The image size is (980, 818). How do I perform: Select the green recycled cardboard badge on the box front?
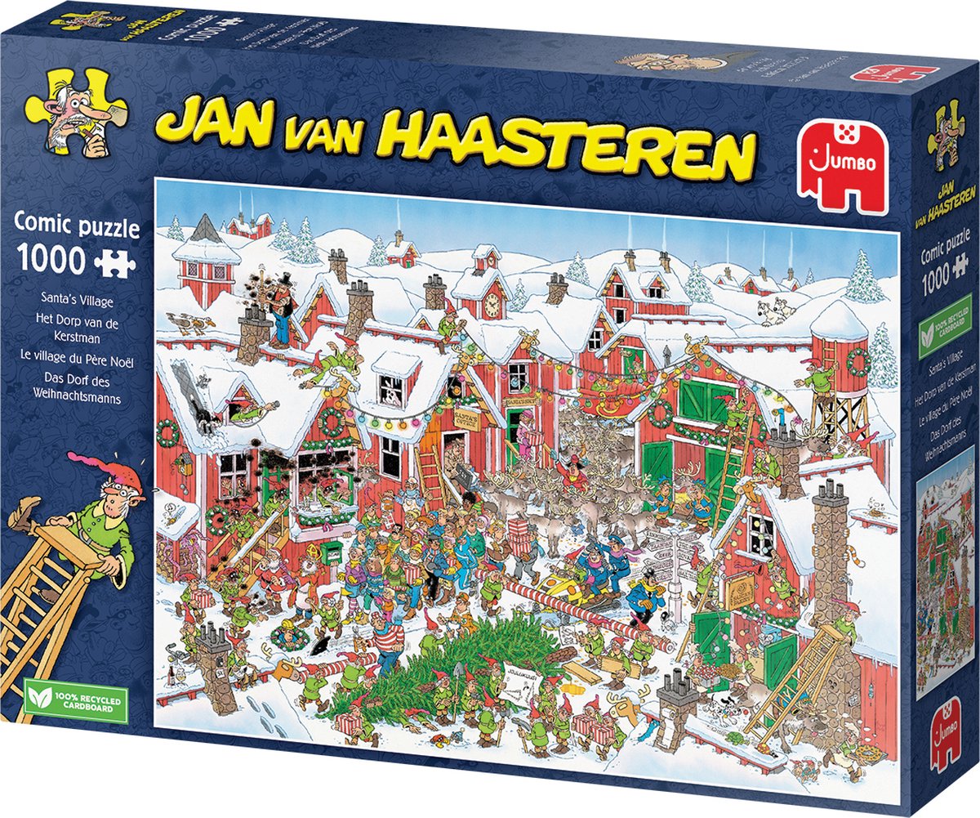[x=75, y=701]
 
